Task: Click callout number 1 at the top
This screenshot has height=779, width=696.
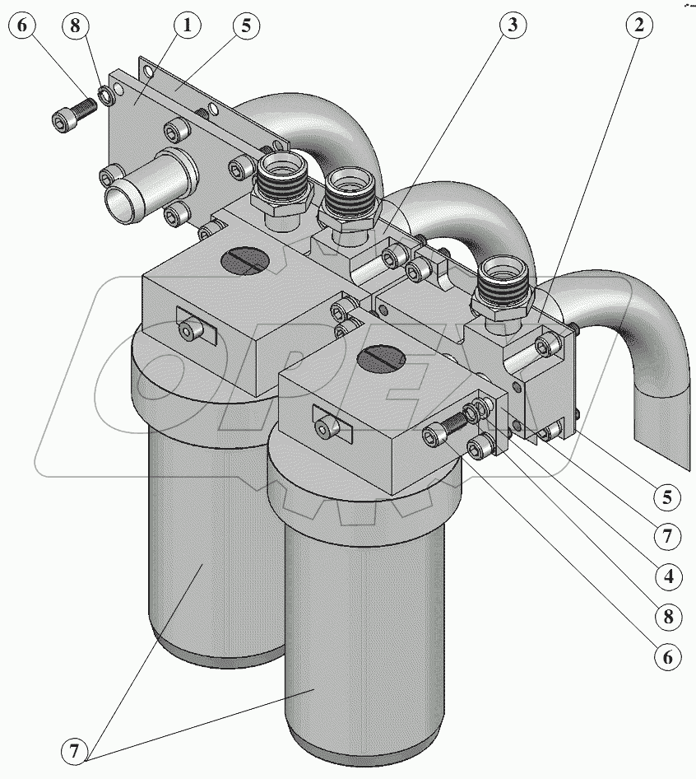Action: coord(187,25)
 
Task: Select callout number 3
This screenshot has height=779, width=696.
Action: coord(511,25)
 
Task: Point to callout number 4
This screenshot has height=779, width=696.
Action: coord(669,576)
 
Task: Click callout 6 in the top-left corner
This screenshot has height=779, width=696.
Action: coord(21,25)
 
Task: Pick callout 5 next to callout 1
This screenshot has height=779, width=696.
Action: coord(244,25)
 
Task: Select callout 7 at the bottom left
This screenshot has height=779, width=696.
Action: coord(74,750)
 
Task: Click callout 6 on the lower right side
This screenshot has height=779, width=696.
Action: coord(669,656)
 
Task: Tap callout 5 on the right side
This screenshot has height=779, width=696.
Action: coord(669,497)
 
